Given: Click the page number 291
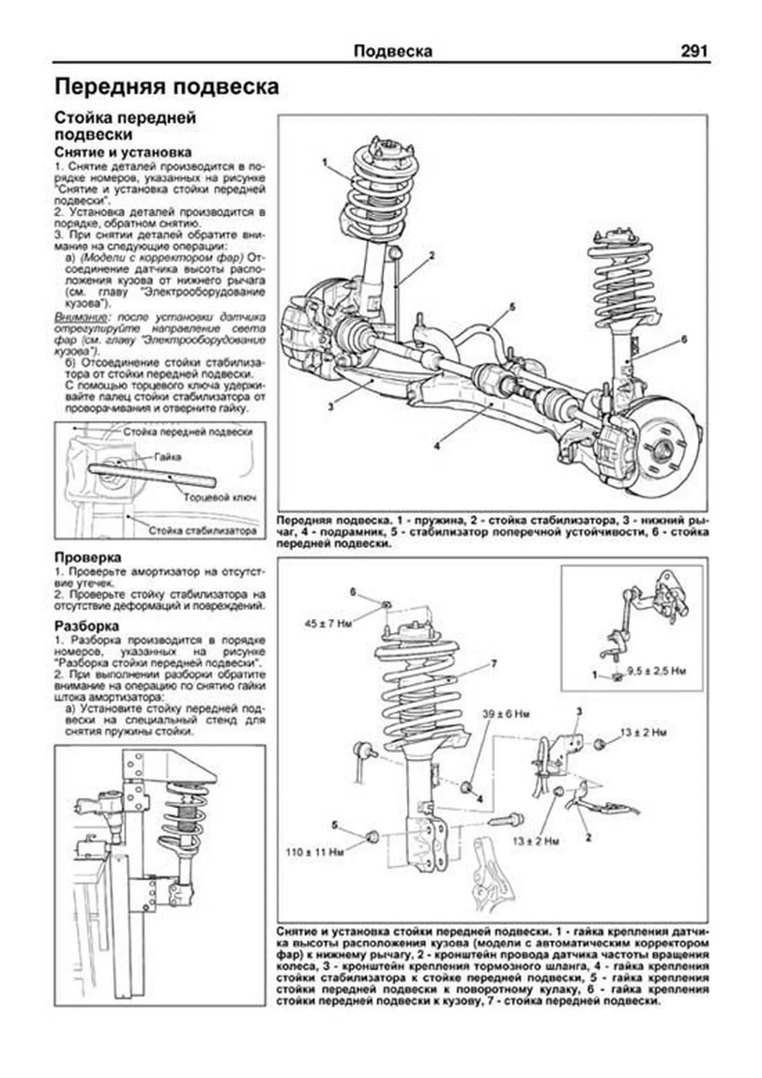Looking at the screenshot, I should click(693, 51).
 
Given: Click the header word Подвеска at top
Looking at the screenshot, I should click(392, 51).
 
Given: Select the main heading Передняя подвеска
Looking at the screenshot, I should click(166, 87).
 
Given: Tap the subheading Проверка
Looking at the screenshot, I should click(88, 557).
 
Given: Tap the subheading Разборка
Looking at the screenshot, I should click(86, 625).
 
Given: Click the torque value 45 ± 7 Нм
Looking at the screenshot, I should click(328, 624).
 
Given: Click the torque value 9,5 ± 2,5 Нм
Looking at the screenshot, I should click(656, 670).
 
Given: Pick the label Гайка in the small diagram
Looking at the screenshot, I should click(167, 457).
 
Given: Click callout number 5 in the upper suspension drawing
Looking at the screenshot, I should click(512, 307).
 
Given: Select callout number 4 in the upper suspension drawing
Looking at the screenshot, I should click(436, 446).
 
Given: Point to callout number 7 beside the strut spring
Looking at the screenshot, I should click(493, 664).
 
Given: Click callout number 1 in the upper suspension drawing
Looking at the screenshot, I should click(325, 162).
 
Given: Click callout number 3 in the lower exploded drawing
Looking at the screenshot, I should click(578, 710).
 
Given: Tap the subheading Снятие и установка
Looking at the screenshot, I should click(123, 152).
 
